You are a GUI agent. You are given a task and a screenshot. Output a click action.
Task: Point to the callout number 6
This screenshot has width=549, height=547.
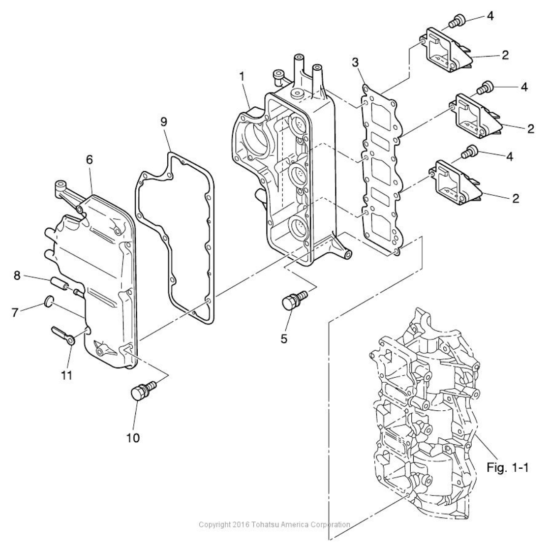[89, 160]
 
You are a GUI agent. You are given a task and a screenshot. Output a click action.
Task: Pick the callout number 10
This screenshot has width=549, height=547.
[133, 437]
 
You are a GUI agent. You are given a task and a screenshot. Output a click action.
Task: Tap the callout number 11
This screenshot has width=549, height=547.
[66, 375]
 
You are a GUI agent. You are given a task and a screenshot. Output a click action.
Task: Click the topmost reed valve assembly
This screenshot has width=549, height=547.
[444, 52]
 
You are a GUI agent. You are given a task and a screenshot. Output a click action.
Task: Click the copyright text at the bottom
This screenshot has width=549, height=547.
[274, 524]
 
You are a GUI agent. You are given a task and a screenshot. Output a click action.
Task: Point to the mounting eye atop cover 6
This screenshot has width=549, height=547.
[61, 185]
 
